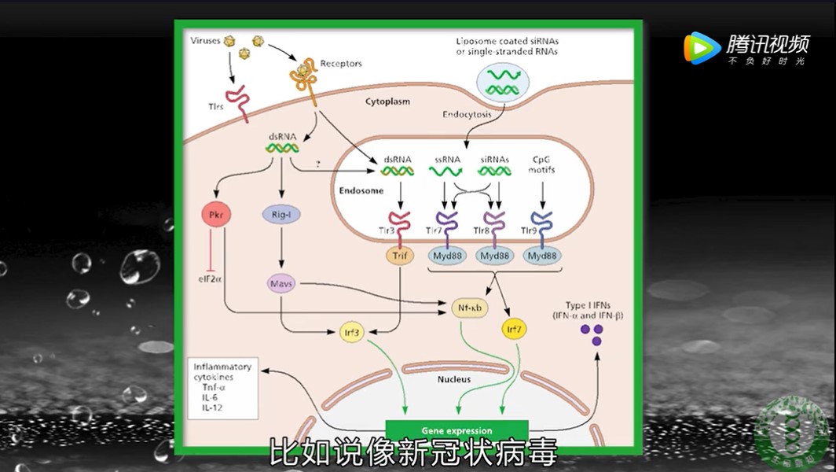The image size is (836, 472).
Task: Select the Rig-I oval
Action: click(x=280, y=214)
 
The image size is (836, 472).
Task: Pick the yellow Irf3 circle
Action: click(x=352, y=332)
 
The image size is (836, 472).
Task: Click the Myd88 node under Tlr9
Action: click(x=542, y=256)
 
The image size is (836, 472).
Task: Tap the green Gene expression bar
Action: click(x=456, y=431)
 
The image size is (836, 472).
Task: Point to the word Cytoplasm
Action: click(x=387, y=101)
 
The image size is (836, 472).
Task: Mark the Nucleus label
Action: click(x=454, y=379)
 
